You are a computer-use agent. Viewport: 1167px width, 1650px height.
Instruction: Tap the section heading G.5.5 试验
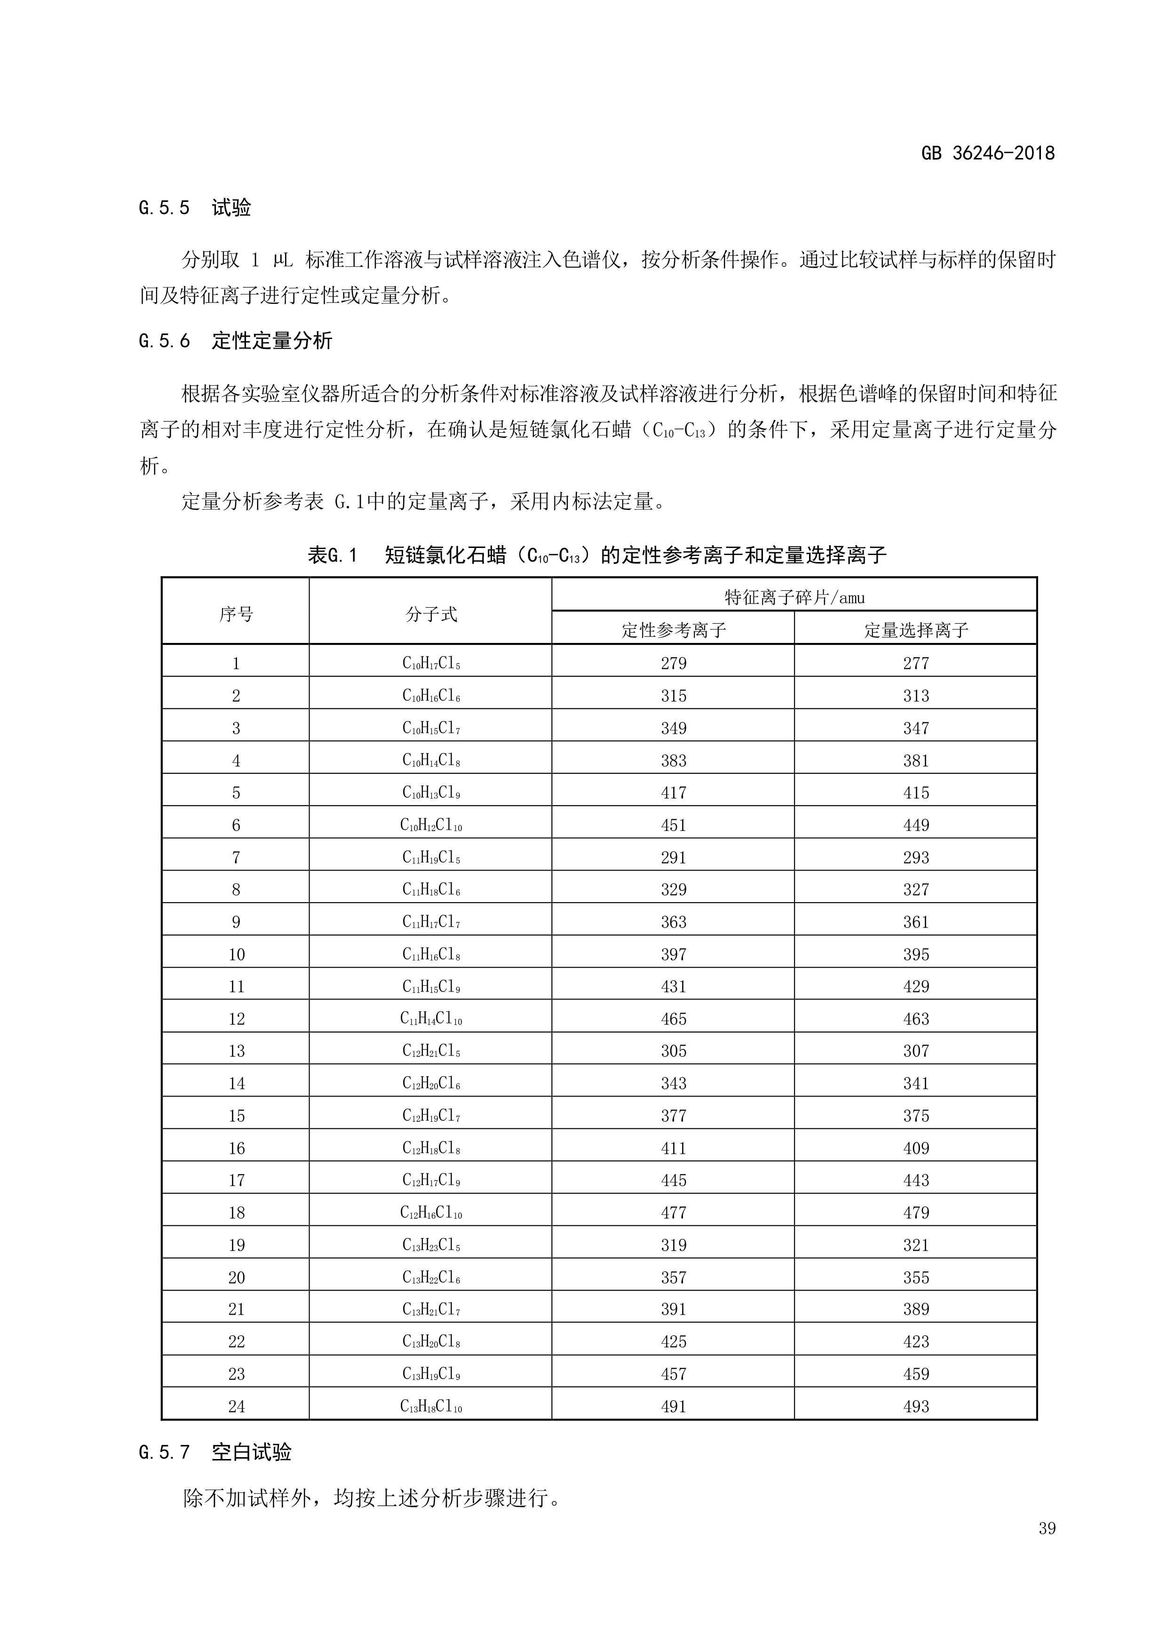(195, 208)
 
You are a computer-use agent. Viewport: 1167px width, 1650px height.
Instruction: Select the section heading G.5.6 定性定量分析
(236, 341)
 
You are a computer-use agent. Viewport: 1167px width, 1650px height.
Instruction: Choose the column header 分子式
(431, 614)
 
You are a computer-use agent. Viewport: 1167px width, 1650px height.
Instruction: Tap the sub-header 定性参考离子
(673, 630)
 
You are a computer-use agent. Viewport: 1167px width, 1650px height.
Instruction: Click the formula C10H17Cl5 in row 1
(431, 663)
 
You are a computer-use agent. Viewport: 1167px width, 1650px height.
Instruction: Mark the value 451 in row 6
(673, 825)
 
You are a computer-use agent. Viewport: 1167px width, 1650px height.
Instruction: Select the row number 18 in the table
(237, 1213)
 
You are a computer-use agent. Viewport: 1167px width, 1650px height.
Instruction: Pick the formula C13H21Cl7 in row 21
(431, 1309)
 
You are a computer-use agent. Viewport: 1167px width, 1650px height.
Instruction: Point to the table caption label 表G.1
(333, 555)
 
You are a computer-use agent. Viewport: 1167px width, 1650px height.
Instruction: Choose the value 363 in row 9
(673, 922)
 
